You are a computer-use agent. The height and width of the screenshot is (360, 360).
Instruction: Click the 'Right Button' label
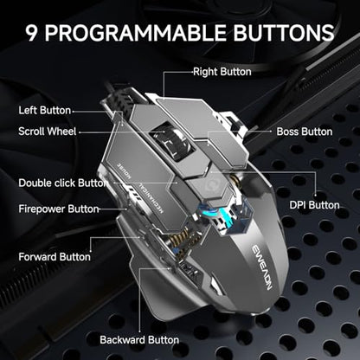222,72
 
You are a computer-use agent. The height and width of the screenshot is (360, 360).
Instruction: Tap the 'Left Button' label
45,110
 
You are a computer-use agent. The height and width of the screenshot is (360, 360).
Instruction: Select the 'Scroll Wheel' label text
48,132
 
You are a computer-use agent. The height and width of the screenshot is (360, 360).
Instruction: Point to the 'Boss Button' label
305,132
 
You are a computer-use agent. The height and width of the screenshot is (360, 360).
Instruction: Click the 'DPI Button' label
314,205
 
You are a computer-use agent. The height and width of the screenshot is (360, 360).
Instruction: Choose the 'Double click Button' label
63,183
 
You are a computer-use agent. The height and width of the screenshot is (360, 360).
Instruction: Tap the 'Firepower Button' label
59,209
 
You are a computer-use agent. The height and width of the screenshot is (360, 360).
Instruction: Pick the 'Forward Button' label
55,257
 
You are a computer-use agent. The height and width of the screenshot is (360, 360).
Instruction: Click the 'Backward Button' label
139,340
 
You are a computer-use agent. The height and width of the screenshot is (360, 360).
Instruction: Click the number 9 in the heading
32,32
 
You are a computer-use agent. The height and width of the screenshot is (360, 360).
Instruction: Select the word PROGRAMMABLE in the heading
136,32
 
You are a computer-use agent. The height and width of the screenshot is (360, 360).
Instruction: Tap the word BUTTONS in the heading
284,32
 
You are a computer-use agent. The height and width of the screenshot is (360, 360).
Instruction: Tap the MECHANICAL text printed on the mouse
150,198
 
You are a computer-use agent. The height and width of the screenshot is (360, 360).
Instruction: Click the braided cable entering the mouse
119,100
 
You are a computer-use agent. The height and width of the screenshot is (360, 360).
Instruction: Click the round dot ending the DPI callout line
316,195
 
